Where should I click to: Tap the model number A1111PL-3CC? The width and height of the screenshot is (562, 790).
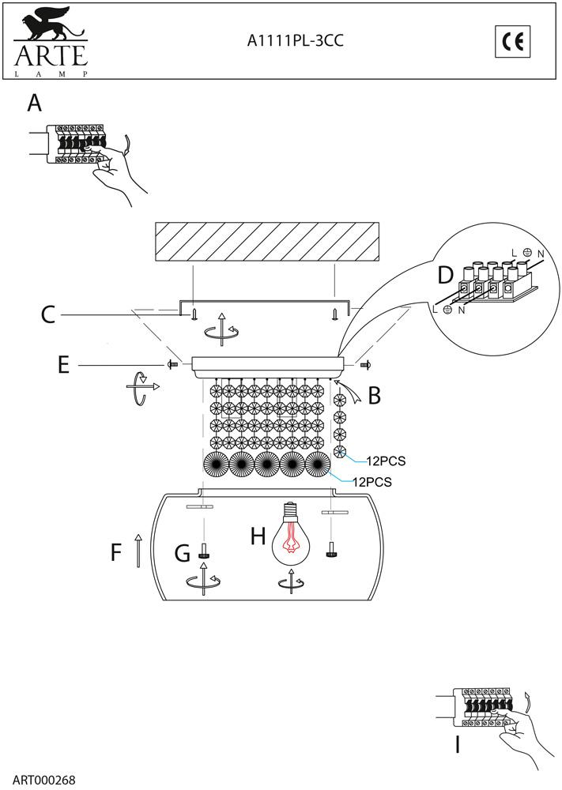(296, 43)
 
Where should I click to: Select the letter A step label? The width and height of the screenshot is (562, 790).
(34, 103)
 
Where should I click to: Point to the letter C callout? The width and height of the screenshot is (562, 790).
(49, 315)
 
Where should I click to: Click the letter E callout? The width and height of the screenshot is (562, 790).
(64, 364)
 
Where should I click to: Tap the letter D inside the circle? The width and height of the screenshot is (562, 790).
(446, 274)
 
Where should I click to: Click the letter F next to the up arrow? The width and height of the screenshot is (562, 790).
(116, 552)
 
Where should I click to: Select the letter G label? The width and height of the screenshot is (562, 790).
(183, 554)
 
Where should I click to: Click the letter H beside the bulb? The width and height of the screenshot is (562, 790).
(258, 537)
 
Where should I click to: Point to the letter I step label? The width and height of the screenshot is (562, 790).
(457, 744)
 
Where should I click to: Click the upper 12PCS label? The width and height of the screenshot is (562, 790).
(386, 460)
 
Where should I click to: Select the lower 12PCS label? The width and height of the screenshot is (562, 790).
(372, 480)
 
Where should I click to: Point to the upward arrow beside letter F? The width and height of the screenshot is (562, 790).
(138, 551)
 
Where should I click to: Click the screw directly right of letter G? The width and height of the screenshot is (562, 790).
(205, 551)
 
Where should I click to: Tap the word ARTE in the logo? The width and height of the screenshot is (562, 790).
(49, 56)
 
